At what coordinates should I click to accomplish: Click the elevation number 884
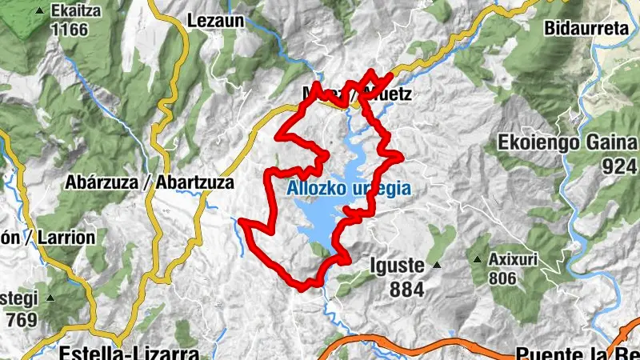[407, 290]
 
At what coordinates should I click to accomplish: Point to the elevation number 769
[21, 320]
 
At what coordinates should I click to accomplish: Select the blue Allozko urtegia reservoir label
[348, 190]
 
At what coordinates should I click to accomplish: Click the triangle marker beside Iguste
[437, 263]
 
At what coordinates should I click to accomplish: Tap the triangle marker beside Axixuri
[478, 259]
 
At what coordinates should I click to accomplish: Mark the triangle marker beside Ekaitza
[40, 11]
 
